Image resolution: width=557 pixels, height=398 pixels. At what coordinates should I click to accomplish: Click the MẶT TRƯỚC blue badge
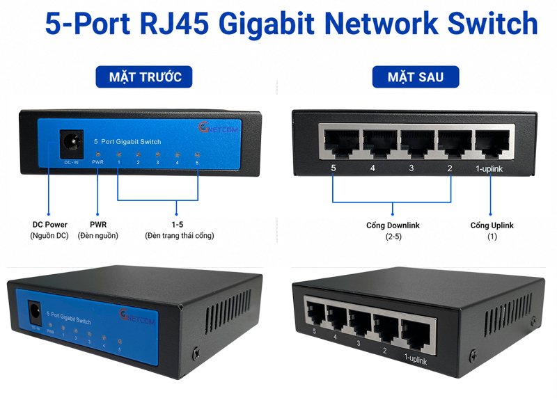tap(144, 77)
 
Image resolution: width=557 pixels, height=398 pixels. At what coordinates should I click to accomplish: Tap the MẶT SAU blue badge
tap(416, 77)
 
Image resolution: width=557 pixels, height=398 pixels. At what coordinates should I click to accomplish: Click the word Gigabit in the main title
tap(266, 24)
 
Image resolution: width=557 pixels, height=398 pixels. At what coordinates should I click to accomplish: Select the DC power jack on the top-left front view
tap(72, 144)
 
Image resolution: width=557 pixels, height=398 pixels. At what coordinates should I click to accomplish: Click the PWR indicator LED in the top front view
tap(98, 154)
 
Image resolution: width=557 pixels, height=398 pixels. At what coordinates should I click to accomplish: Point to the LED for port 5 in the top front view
tap(197, 154)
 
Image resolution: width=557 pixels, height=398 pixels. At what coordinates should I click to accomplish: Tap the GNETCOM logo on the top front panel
tap(218, 127)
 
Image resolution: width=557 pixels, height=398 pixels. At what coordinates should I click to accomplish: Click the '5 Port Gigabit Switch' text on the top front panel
tap(127, 142)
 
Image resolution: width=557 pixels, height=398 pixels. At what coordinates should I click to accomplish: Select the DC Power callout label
tap(49, 224)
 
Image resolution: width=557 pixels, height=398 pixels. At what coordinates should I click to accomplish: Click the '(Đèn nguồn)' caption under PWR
tap(98, 235)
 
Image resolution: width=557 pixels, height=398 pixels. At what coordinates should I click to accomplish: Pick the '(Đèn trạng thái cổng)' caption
tap(180, 235)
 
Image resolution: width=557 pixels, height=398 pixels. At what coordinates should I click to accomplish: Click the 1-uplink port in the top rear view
tap(492, 144)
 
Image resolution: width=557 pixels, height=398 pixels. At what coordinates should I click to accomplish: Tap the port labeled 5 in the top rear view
tap(341, 144)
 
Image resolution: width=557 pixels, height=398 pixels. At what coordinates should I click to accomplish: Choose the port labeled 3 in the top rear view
tap(417, 144)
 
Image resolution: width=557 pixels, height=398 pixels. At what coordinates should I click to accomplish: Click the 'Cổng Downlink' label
tap(393, 225)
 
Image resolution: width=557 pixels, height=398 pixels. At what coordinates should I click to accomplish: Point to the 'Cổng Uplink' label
tap(492, 225)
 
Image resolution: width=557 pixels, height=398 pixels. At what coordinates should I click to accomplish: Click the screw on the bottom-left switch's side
tap(196, 353)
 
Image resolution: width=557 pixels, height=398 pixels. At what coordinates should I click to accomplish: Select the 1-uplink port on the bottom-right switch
tap(416, 335)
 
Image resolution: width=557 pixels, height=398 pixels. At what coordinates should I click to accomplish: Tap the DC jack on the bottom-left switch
tap(34, 312)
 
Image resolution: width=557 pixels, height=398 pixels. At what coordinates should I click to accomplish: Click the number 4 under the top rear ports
tap(372, 168)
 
